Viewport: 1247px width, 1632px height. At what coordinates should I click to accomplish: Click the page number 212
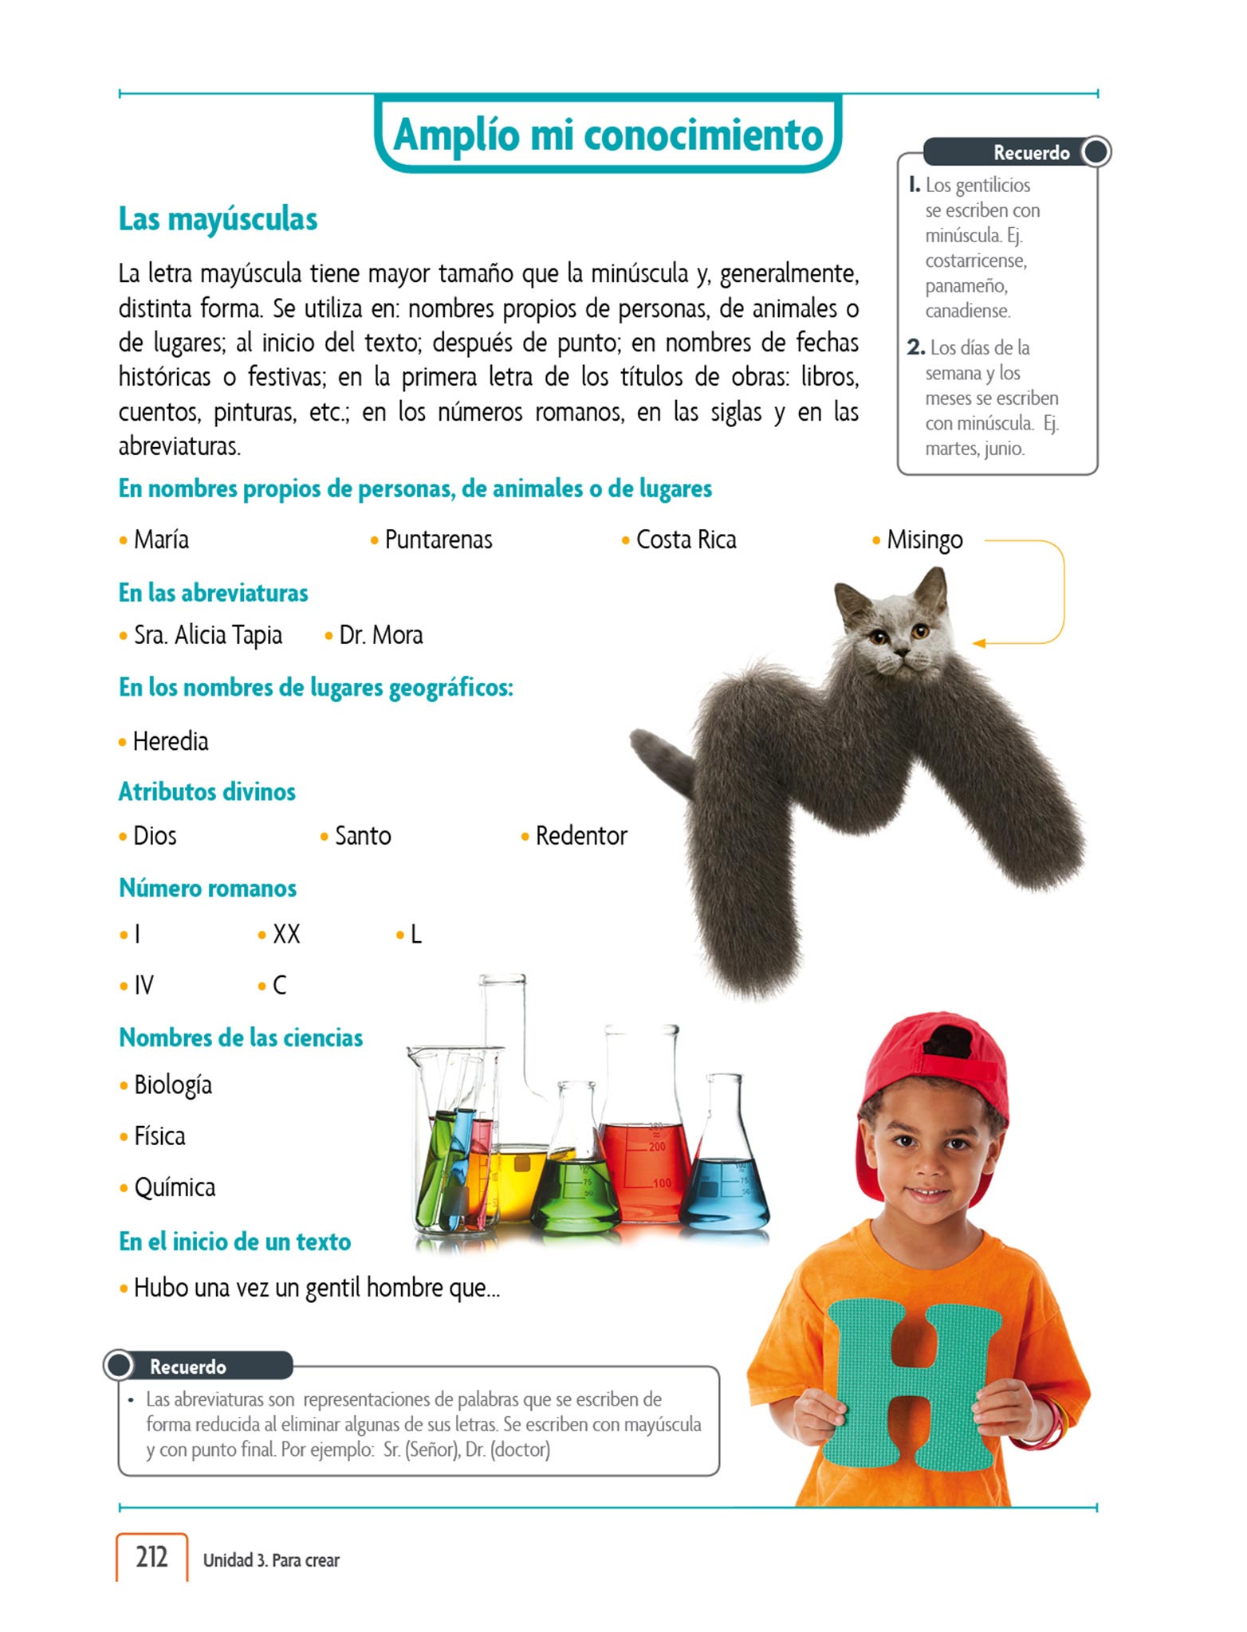[151, 1556]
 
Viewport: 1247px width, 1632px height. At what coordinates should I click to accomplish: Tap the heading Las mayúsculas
[218, 219]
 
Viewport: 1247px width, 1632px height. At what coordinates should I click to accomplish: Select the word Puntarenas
[438, 539]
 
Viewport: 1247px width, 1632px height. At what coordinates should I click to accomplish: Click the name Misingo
[924, 539]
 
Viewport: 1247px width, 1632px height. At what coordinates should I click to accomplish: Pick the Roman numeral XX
[286, 934]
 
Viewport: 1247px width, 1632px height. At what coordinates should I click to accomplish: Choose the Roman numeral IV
[144, 986]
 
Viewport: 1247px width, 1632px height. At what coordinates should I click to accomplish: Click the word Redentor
[581, 836]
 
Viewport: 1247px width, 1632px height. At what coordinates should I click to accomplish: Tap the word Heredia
[170, 741]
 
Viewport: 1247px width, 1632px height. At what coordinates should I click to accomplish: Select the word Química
[174, 1187]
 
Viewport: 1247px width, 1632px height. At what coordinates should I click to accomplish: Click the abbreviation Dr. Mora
[380, 635]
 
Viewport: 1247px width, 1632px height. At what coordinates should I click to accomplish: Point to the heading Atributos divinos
[207, 791]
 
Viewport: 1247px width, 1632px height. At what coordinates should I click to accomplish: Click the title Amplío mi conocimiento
[608, 134]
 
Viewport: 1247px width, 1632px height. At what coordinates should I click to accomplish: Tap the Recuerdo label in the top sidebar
[1031, 152]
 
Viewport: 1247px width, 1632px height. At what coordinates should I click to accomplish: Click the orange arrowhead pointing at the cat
[980, 643]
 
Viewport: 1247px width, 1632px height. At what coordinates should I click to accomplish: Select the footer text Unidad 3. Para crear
[271, 1559]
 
